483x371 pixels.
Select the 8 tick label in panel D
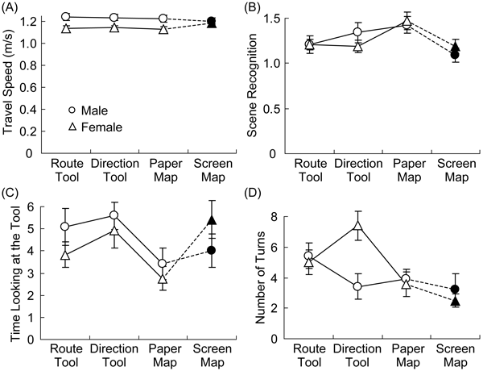click(x=295, y=217)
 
